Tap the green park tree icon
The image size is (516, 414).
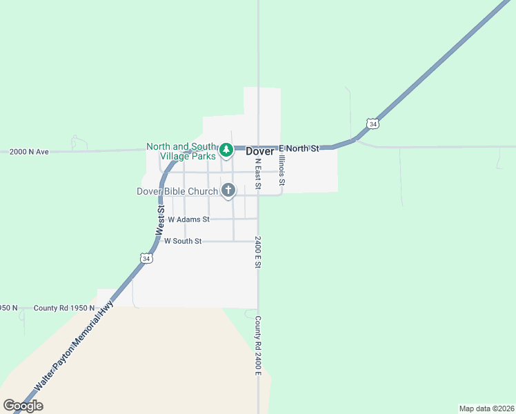pyautogui.click(x=226, y=149)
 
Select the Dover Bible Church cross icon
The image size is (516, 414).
pyautogui.click(x=228, y=190)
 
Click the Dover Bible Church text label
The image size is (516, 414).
pyautogui.click(x=177, y=190)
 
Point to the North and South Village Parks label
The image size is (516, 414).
pyautogui.click(x=182, y=151)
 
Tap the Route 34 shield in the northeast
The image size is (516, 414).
pyautogui.click(x=373, y=124)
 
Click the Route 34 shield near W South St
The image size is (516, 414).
pyautogui.click(x=146, y=257)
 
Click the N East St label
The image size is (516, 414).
pyautogui.click(x=257, y=174)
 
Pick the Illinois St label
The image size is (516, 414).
pyautogui.click(x=281, y=172)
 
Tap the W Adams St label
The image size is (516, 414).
pyautogui.click(x=183, y=219)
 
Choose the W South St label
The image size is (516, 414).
pyautogui.click(x=179, y=241)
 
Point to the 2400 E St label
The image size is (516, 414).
pyautogui.click(x=257, y=252)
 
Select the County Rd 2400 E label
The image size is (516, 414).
pyautogui.click(x=257, y=346)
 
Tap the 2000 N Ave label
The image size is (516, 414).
pyautogui.click(x=29, y=152)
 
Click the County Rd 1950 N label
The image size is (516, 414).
pyautogui.click(x=63, y=308)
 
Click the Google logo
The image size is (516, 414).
pyautogui.click(x=23, y=406)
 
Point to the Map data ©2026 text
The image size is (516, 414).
pyautogui.click(x=486, y=408)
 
